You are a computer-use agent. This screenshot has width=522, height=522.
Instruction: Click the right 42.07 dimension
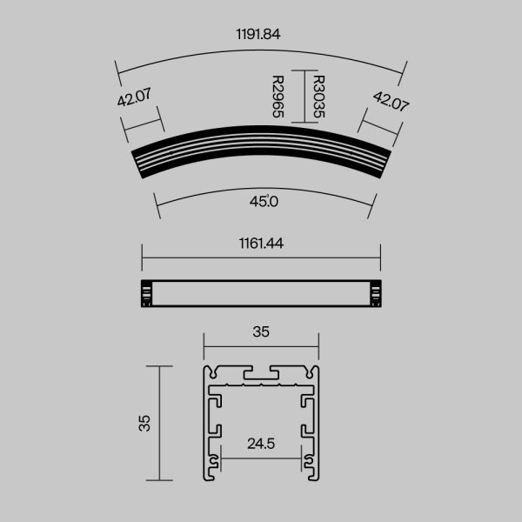click(x=391, y=100)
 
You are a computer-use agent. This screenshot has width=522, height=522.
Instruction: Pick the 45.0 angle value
click(x=263, y=203)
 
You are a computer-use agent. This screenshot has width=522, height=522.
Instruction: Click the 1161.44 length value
click(x=261, y=244)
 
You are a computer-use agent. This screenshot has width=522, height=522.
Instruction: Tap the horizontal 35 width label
click(x=261, y=331)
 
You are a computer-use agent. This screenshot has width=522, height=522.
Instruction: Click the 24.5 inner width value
click(x=261, y=444)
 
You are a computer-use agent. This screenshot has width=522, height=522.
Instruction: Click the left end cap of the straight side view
click(x=146, y=294)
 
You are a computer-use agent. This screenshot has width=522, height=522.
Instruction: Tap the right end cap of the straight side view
click(x=376, y=294)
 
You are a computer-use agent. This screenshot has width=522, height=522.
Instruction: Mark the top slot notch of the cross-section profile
click(x=261, y=372)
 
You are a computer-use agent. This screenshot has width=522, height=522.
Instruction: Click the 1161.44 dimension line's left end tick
click(x=142, y=258)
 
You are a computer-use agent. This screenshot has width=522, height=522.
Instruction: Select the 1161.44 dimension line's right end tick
click(x=380, y=258)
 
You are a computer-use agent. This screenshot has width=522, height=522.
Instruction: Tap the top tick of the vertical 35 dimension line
click(x=159, y=366)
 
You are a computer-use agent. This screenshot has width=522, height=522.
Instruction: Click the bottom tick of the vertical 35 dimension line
click(x=159, y=480)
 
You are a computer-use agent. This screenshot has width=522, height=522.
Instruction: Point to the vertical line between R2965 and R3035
click(x=298, y=96)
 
